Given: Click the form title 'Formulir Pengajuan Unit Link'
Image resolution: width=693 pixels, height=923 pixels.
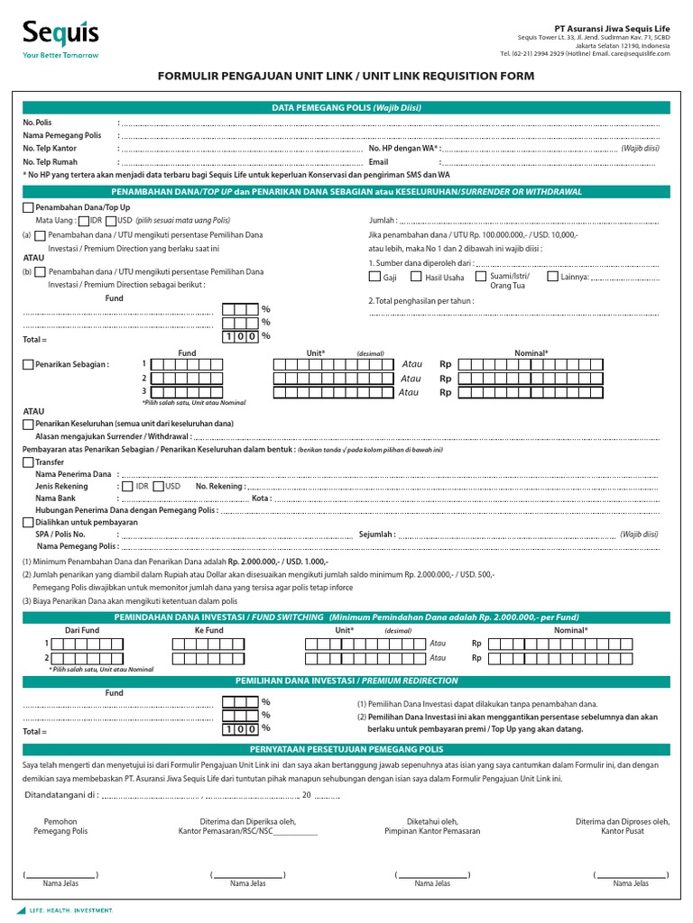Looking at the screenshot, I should [346, 77].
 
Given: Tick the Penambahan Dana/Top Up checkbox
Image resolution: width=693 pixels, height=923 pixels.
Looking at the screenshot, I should [28, 208].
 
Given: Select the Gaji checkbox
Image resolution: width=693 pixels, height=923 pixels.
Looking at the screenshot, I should [374, 277].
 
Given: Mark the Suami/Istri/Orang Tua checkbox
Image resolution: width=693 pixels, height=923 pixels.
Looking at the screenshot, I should [481, 277].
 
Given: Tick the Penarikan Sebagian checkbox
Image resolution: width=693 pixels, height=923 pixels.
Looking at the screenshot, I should [28, 365].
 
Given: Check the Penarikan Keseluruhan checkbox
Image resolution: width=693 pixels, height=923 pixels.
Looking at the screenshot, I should [28, 424].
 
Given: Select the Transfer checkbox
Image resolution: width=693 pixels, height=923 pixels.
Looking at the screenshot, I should [28, 462].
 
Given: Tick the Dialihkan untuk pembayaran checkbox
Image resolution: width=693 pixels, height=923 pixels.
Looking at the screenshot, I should [28, 522].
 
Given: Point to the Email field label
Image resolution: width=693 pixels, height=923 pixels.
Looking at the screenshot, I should [378, 161].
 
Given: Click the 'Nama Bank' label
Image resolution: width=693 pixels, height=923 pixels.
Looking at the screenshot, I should [55, 498].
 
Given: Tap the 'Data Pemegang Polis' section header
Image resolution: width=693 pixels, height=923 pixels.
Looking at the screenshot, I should [346, 107].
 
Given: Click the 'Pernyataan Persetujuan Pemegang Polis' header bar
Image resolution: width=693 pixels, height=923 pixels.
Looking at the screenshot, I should [346, 749].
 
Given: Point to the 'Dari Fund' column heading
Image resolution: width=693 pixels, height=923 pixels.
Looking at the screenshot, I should [82, 630].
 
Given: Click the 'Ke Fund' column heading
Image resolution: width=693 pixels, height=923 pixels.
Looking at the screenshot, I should [208, 630].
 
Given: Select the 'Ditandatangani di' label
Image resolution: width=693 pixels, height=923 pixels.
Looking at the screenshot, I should [59, 795].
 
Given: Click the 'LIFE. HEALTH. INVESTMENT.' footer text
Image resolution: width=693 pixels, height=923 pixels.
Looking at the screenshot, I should [72, 911].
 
